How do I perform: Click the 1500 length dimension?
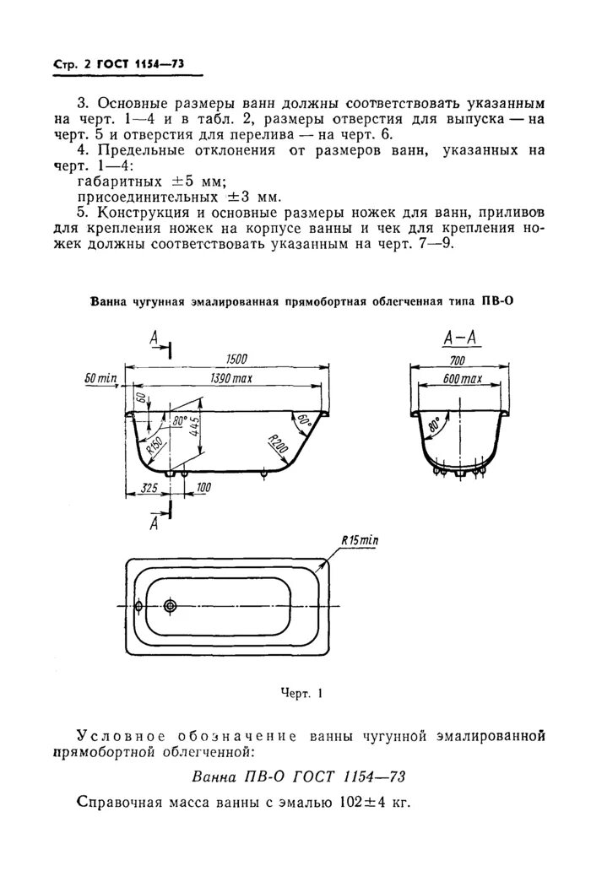[x=225, y=360]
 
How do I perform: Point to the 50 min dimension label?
[x=100, y=379]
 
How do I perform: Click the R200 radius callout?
[x=275, y=442]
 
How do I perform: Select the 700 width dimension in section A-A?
[x=460, y=360]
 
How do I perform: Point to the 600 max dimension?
[x=462, y=380]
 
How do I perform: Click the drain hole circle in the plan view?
[x=171, y=606]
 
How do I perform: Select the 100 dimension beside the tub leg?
[x=203, y=489]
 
